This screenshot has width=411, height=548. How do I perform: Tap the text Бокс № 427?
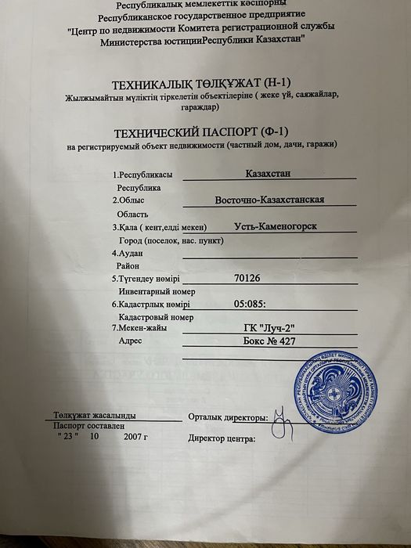(269, 342)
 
